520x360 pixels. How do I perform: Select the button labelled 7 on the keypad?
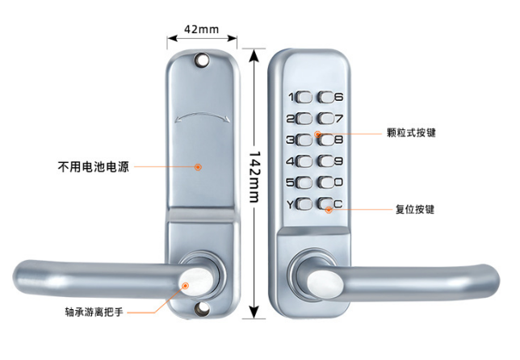coord(325,119)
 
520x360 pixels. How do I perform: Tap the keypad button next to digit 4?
coord(304,161)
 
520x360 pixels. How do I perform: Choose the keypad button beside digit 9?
coord(325,161)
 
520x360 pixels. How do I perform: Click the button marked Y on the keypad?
coord(304,203)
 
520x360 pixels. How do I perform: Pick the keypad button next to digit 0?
coord(325,182)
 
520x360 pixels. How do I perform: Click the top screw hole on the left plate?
coord(201,59)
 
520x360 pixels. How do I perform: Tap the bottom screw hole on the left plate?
coord(201,308)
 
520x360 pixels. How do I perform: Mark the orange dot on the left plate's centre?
coord(198,167)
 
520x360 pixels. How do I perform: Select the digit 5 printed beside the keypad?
coord(290,182)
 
